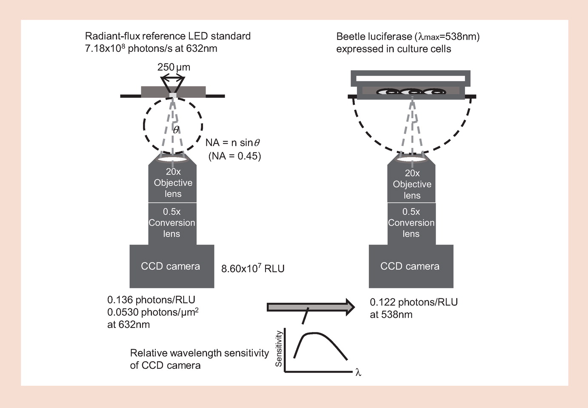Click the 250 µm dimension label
(x=174, y=67)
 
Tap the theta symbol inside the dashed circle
(x=176, y=129)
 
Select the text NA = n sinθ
(x=232, y=143)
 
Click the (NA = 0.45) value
(x=234, y=156)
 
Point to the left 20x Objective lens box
(x=173, y=183)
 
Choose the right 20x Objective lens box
(x=412, y=184)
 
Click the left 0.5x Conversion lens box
(x=172, y=223)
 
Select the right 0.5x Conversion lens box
(x=411, y=223)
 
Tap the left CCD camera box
(x=171, y=266)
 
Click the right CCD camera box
(x=410, y=266)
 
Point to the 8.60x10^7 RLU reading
(x=253, y=269)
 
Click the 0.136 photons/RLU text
(x=151, y=300)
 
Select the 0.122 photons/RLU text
(x=414, y=302)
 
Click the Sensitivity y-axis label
(x=279, y=349)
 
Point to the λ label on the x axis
(x=358, y=373)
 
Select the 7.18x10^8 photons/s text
(x=151, y=49)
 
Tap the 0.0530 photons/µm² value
(x=153, y=312)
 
